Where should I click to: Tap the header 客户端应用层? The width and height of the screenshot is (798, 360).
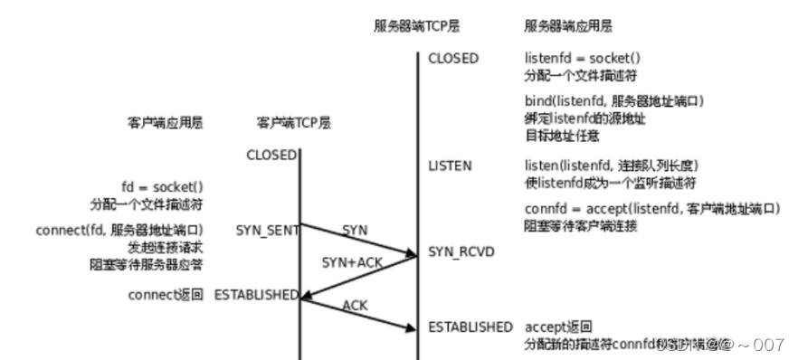pos(166,122)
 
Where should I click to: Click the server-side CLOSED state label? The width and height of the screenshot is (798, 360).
pos(454,59)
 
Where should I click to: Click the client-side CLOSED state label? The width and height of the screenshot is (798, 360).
pos(271,155)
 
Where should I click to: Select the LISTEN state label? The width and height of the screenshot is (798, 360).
pos(450,167)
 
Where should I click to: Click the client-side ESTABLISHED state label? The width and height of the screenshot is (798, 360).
pos(256,296)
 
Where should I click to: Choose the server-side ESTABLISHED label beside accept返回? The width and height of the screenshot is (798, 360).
pos(470,326)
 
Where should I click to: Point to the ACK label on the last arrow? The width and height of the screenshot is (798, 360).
pos(355,306)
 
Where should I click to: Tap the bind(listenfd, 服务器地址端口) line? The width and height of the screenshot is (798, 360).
pos(613,100)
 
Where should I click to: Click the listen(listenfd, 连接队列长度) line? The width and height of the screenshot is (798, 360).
pos(613,167)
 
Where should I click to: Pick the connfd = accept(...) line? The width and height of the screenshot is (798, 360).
pos(651,210)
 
